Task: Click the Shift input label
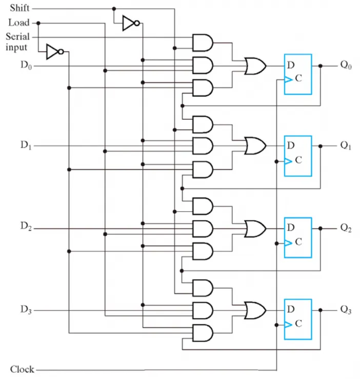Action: pos(19,8)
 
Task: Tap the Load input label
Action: pos(19,23)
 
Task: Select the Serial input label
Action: pos(17,42)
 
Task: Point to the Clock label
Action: pos(22,369)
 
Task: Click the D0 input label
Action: pos(26,65)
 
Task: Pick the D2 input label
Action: pos(26,226)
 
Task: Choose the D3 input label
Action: pos(26,310)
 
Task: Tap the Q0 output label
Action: pos(346,65)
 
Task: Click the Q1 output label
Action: pos(346,145)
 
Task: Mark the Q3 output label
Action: pos(346,310)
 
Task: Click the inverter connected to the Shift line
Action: pos(131,23)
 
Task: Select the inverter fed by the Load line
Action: pos(55,52)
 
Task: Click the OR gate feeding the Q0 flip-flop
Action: pos(255,66)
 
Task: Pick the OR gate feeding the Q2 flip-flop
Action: pos(255,228)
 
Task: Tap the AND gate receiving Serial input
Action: pos(203,43)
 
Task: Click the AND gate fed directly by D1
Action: pos(203,146)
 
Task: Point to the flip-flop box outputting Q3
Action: pos(298,319)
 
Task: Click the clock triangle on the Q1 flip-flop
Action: pos(288,161)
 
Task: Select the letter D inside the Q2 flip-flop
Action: pos(291,227)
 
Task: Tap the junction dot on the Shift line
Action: pos(114,9)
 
